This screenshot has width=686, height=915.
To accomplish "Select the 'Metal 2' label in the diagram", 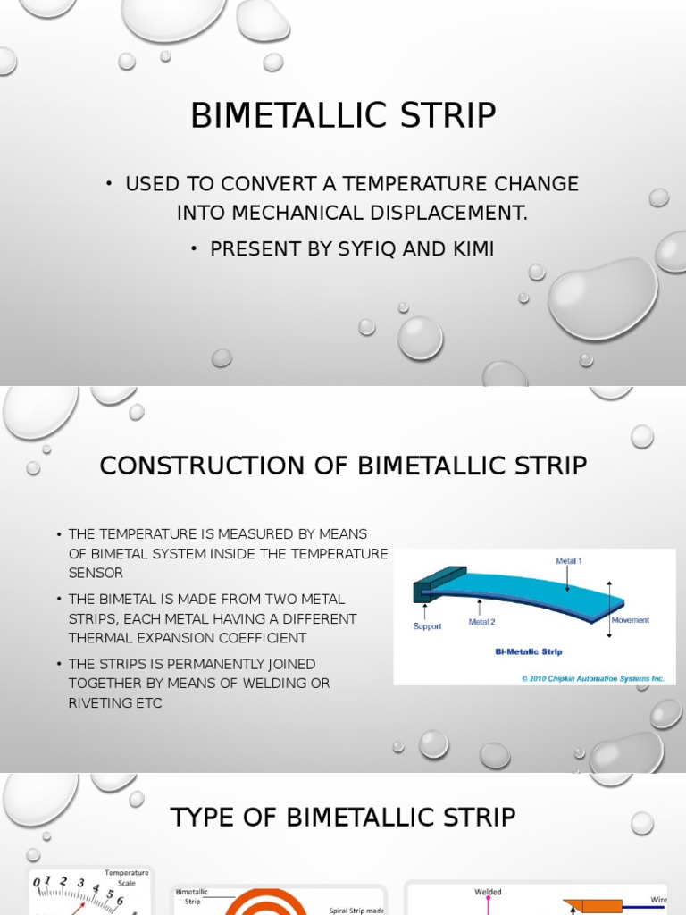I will point(482,623).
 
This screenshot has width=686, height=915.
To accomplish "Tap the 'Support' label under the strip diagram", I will point(427,626).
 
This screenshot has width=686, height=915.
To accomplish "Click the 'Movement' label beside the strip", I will point(630,619).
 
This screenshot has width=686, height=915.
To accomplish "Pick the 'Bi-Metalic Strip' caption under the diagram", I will point(529,652).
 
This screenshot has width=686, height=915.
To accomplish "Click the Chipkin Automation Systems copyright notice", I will point(593,678).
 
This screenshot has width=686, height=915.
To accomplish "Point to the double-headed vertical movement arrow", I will point(609,609).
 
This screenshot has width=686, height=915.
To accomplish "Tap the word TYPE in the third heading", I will point(200,817).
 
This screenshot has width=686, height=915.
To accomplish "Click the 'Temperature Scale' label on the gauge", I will point(126,877).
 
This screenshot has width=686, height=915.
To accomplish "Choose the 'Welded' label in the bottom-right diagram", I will point(488,892).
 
